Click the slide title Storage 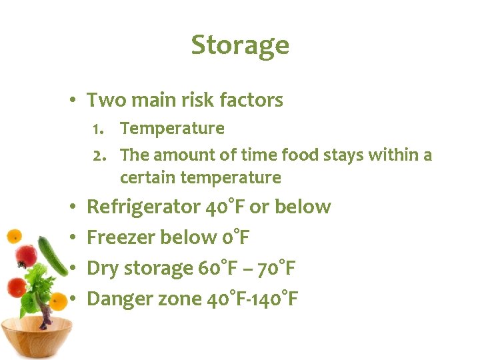point(240,45)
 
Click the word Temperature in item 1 point(172,128)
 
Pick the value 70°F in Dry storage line point(275,268)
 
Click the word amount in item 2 point(185,155)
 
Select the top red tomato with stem point(26,255)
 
